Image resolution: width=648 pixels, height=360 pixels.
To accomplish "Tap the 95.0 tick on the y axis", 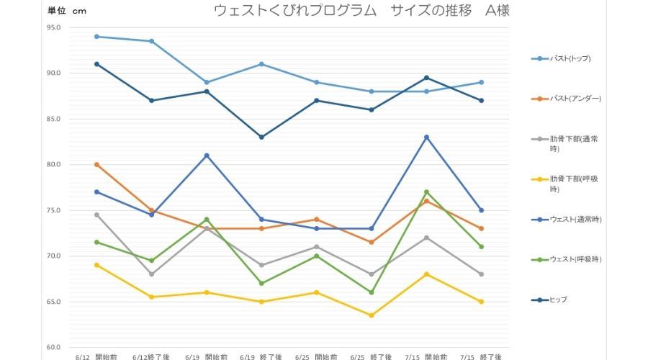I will coord(54,27).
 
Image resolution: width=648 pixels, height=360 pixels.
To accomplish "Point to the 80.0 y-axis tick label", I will coord(54,165).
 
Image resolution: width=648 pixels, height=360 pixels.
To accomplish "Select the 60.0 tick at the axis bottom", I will coord(54,348).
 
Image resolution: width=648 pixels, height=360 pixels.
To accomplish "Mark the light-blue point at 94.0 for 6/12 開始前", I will coord(96,37).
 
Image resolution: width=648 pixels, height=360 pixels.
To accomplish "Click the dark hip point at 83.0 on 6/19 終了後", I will coord(261,137).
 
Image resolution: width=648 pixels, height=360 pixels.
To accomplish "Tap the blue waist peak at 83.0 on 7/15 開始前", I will coord(426,137).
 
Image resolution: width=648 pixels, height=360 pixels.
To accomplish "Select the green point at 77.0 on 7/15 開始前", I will coord(426,192).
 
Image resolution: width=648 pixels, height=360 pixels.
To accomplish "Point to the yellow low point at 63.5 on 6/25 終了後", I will coord(372,315).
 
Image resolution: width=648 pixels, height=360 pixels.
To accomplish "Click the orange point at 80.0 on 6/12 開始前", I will coord(96,164).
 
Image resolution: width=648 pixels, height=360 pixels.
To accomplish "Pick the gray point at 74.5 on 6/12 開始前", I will coord(96,215).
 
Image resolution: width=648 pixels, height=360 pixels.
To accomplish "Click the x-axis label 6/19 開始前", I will coord(206,356).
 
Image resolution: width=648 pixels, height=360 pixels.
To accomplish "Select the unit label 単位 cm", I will coord(66,11).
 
